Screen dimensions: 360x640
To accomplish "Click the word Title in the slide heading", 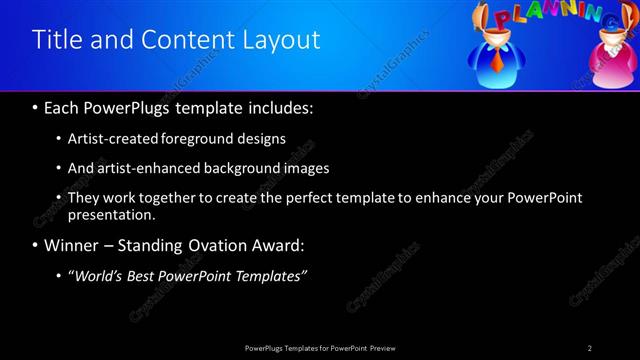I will pos(57,40).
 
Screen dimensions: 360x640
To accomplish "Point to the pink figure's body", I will pos(611,72).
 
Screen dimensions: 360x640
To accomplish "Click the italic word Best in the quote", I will pos(149,276).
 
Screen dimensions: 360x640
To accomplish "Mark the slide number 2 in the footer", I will pos(589,347).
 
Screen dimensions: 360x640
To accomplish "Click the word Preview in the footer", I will pos(388,347).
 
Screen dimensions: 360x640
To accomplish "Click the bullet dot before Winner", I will pos(36,245).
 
